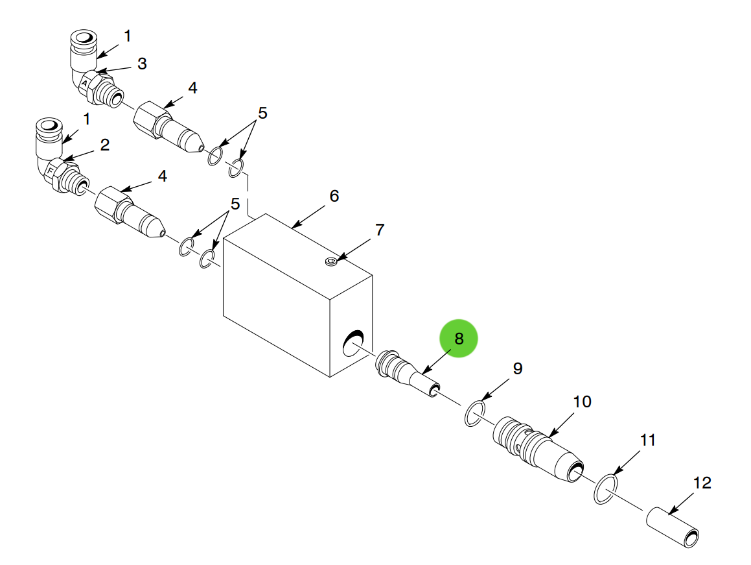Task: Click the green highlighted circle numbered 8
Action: tap(458, 339)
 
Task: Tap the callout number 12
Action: tap(702, 483)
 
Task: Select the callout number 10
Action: tap(582, 402)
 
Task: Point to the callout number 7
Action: tap(380, 230)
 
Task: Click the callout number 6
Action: tap(334, 196)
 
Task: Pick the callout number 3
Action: tap(142, 64)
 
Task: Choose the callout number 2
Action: tap(105, 145)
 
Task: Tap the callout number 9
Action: tap(517, 368)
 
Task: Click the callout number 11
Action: tap(647, 440)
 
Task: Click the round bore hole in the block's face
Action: tap(353, 343)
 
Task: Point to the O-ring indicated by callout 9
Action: tap(475, 413)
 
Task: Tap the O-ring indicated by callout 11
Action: tap(605, 489)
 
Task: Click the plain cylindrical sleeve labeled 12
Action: tap(673, 527)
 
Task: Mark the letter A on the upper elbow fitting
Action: tap(84, 83)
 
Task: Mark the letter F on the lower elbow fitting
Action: tap(50, 171)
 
